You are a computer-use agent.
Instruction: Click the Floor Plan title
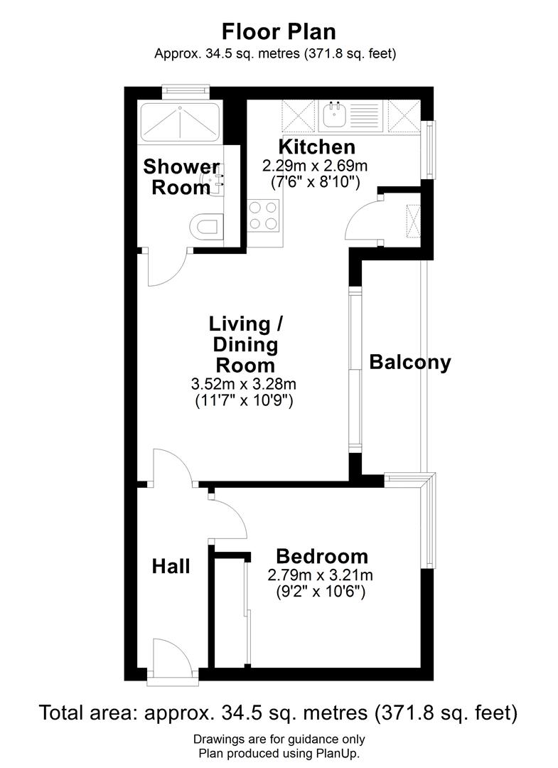point(279,32)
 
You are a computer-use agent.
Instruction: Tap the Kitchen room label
point(316,147)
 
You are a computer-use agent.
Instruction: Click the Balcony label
point(410,362)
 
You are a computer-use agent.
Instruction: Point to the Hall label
point(171,566)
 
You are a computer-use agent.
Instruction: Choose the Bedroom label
point(322,556)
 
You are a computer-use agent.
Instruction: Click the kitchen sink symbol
point(334,114)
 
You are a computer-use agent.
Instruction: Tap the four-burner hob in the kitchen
point(263,215)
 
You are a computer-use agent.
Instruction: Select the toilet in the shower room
point(207,228)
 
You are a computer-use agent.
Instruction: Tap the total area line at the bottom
point(279,713)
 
